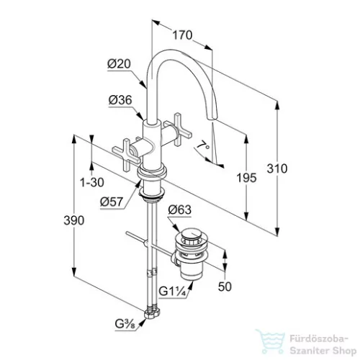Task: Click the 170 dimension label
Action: coord(182,35)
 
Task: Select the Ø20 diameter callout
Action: coord(119,64)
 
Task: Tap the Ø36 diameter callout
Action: coord(120,100)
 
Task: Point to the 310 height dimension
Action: coord(277,168)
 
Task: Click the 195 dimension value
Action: coord(246,178)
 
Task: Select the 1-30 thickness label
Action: coord(92,182)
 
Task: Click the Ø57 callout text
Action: coord(112,202)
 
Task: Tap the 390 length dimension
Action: coord(74,220)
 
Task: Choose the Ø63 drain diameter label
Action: coord(180,210)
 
